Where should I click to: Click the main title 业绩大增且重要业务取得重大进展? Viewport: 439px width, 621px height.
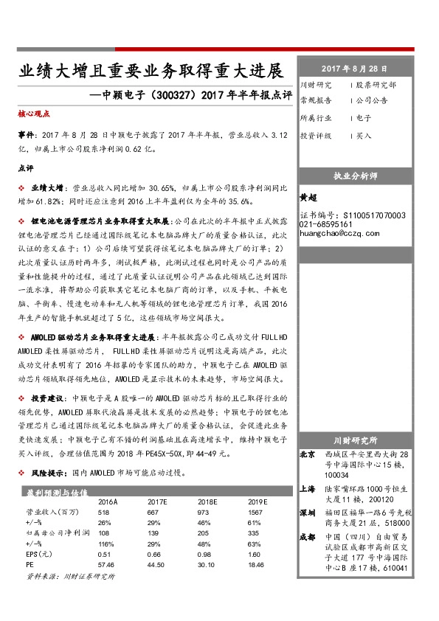(x=151, y=72)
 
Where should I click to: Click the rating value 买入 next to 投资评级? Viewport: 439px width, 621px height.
(x=363, y=136)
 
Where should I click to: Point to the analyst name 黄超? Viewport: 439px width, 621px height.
(x=308, y=198)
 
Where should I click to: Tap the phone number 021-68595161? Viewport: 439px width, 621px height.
(x=326, y=223)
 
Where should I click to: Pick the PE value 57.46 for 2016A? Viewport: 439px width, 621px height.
(x=108, y=563)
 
